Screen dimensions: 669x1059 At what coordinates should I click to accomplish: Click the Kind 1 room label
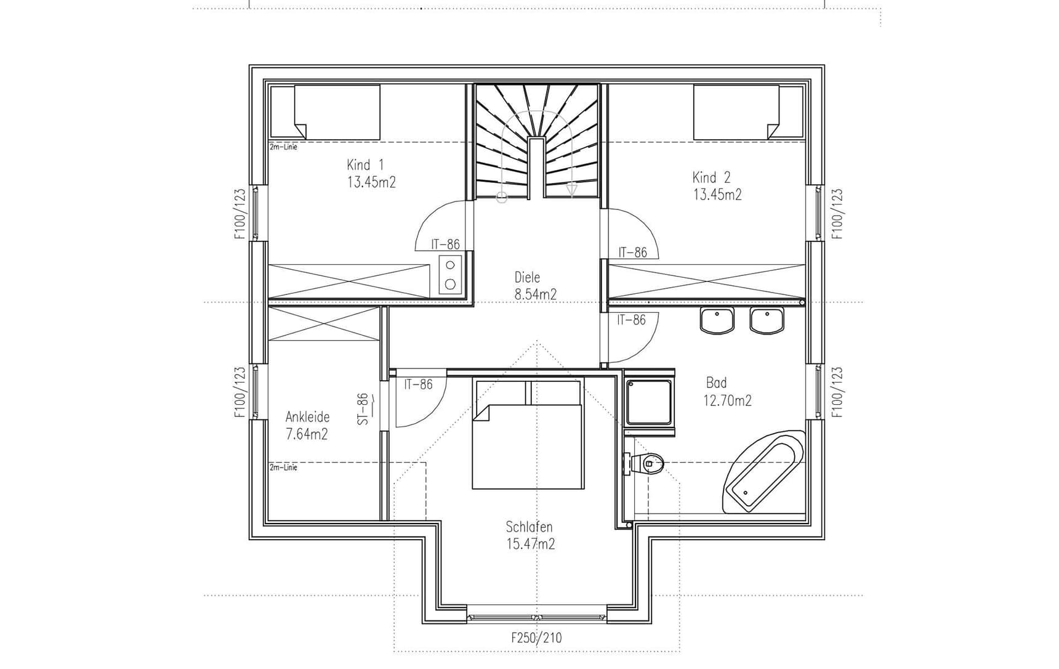pos(365,164)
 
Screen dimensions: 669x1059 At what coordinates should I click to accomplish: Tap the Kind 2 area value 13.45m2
pos(717,195)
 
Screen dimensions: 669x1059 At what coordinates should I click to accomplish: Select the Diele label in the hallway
pos(527,277)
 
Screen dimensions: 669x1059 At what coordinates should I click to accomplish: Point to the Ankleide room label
pos(307,417)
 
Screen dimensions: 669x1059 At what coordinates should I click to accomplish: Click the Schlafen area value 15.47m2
pos(530,544)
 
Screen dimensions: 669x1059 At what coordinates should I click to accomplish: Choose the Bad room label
pos(716,383)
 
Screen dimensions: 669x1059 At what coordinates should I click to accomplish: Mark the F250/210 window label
pos(536,638)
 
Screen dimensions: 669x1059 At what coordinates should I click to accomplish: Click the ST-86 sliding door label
pos(363,409)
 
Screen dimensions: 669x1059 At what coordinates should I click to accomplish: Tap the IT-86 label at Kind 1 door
pos(445,245)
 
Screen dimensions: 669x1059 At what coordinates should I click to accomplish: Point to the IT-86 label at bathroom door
pos(631,320)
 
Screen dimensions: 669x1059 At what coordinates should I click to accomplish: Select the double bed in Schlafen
pos(527,444)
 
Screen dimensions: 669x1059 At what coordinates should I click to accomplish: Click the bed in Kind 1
pos(326,112)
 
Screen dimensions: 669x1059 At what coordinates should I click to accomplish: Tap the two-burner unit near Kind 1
pos(451,275)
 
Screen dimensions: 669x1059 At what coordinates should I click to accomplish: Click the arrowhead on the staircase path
pos(571,191)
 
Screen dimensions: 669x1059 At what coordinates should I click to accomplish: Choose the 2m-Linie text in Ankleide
pos(283,468)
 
